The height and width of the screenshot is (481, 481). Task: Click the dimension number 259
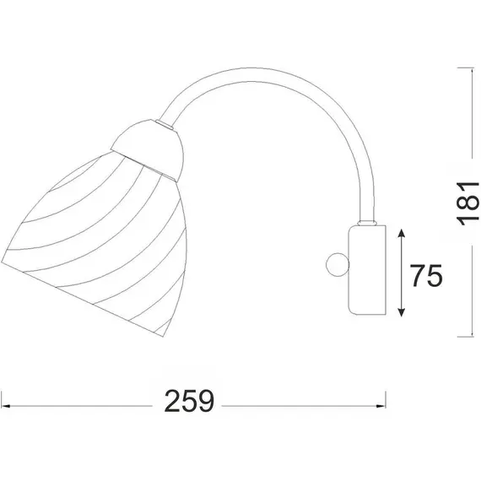point(189,401)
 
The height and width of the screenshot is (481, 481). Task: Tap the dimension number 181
point(467,203)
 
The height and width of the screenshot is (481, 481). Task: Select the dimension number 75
point(427,275)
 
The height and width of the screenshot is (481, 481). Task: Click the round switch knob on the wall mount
point(338,264)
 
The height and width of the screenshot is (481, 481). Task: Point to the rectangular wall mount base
point(367,270)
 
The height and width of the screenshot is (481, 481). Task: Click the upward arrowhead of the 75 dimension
point(401,233)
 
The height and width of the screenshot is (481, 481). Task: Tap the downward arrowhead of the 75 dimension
point(401,311)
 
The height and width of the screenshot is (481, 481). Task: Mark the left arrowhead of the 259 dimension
point(6,406)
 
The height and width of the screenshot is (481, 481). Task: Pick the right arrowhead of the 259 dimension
point(381,406)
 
